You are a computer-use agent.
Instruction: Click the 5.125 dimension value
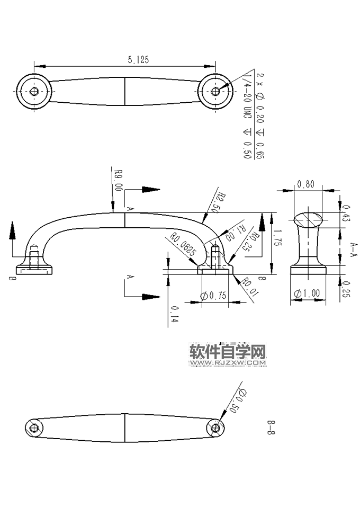coord(138,60)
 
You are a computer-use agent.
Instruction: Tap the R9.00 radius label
coord(119,180)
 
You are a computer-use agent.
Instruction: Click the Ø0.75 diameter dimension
coord(214,296)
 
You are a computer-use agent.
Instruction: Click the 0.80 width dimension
coord(306,184)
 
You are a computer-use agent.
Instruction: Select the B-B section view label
coord(271,426)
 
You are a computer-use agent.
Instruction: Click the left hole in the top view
coord(34,91)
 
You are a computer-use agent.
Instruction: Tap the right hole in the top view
coord(215,91)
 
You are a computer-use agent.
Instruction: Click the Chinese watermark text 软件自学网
coord(227,352)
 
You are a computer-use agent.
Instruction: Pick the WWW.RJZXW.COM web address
coord(227,363)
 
